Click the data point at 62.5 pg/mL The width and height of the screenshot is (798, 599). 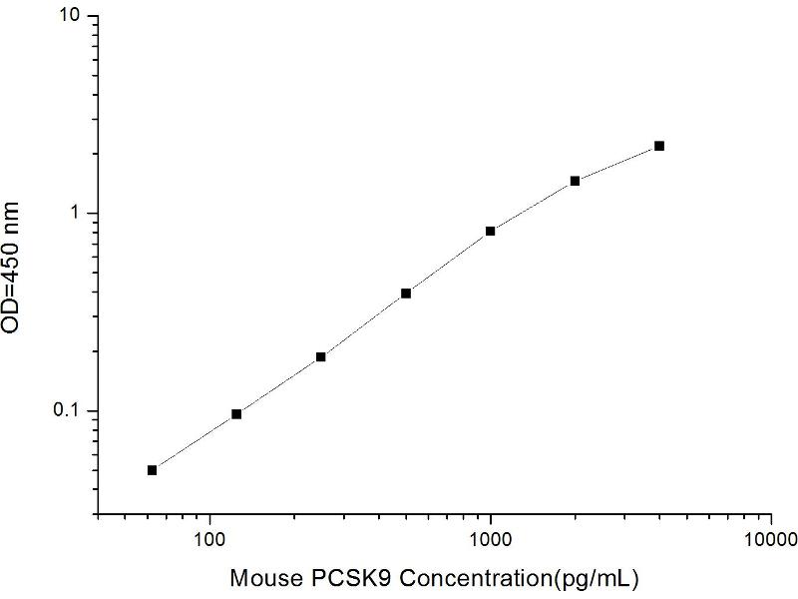(152, 470)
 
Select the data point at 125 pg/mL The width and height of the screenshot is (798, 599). (236, 413)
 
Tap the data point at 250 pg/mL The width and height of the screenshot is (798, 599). (321, 356)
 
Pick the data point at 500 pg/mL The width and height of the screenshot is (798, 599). (406, 294)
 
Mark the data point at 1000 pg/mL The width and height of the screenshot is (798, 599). (491, 231)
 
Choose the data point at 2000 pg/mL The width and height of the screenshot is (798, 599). (575, 181)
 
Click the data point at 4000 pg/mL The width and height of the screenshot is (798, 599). (659, 146)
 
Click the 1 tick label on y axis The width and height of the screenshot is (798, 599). (79, 214)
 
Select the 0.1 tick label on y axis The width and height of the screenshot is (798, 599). (71, 411)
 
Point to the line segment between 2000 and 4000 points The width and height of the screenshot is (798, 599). (617, 163)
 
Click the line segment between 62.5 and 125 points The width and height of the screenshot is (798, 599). (195, 441)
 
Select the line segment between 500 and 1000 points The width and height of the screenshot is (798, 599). (449, 262)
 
